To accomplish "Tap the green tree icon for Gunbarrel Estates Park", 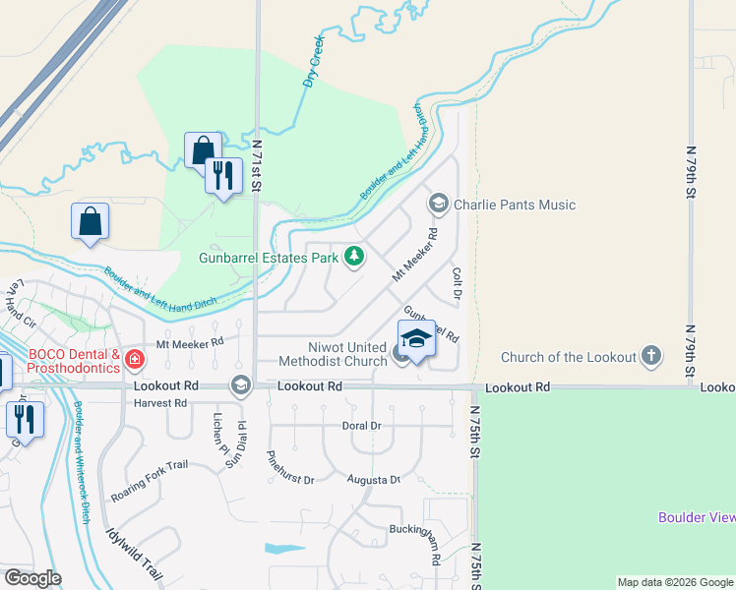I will tap(353, 258).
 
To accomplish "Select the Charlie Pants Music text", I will tap(514, 205).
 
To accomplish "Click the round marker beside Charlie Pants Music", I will tap(438, 205).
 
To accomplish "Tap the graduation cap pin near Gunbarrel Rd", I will tap(416, 339).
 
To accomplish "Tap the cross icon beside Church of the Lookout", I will tap(650, 355).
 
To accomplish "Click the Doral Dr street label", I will tap(361, 426).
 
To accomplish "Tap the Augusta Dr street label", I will tap(374, 480).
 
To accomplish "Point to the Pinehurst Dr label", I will tap(290, 468).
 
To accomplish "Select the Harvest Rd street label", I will tap(159, 403).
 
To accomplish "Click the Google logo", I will tap(32, 578).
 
